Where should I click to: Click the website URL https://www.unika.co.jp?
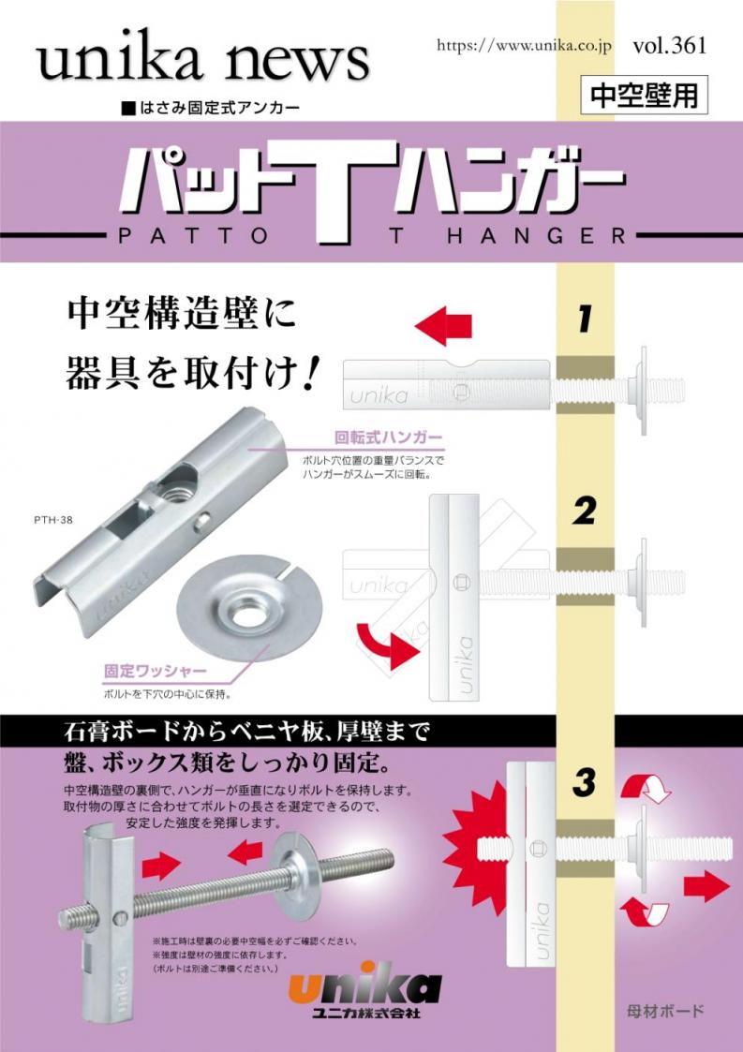[524, 46]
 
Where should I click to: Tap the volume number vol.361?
[669, 46]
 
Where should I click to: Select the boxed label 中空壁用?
[644, 96]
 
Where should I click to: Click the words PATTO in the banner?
[193, 236]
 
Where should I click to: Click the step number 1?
[584, 319]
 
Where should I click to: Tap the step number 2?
[585, 512]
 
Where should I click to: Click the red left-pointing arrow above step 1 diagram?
[444, 327]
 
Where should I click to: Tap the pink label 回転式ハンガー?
[389, 438]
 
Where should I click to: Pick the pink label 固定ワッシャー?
[155, 670]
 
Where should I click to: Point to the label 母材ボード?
[663, 1011]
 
